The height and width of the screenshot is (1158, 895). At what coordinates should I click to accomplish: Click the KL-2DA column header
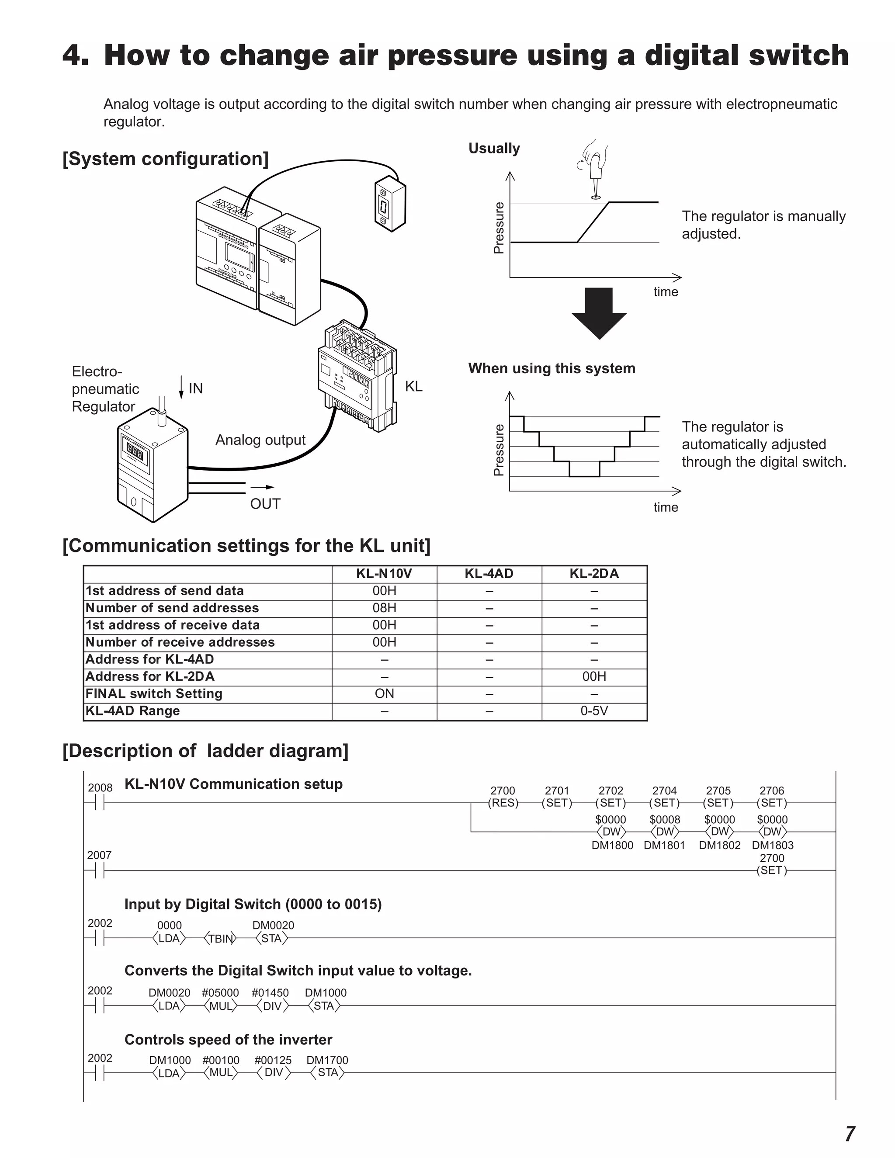(x=594, y=574)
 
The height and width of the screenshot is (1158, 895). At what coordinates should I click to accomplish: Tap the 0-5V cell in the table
(x=594, y=711)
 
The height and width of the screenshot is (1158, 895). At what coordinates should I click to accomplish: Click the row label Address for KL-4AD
(x=149, y=659)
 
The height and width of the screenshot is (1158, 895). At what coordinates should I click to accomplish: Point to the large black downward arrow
(x=599, y=313)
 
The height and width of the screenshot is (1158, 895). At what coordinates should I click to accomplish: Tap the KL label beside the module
(x=413, y=387)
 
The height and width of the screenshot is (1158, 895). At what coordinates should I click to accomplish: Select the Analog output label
(x=260, y=440)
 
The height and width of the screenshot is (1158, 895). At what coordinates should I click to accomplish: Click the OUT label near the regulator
(x=265, y=504)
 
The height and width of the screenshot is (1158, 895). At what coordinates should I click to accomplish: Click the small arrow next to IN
(x=181, y=387)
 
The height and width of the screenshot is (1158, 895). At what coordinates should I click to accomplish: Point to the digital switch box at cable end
(x=390, y=204)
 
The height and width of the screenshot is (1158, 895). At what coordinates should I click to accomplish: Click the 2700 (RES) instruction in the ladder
(x=503, y=802)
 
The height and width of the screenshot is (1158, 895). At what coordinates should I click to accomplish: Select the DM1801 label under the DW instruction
(x=664, y=845)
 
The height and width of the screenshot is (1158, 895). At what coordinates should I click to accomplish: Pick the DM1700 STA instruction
(x=328, y=1073)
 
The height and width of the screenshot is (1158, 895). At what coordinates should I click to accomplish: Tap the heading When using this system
(x=552, y=368)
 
